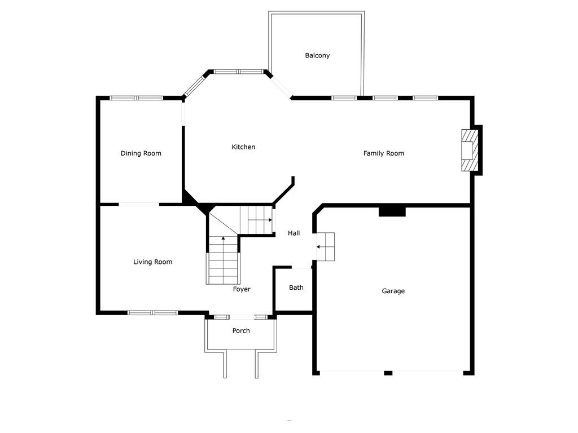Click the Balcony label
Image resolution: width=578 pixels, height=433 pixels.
pos(317,56)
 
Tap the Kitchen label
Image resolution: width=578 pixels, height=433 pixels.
pos(243,147)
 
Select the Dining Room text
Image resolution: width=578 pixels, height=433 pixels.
pos(141,153)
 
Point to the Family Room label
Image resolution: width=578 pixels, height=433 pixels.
pos(383,153)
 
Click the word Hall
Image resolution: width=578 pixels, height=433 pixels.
pos(294,233)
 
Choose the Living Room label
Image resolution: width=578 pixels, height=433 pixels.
pos(152,262)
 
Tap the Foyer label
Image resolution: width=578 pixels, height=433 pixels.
pos(242,289)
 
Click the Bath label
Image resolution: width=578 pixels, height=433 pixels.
pos(296,288)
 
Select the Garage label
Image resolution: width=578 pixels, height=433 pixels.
pos(393,291)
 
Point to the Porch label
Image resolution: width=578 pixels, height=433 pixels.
pos(241,330)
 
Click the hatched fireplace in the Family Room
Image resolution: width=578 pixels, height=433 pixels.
pos(469,150)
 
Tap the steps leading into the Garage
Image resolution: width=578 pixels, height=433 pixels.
pos(326,247)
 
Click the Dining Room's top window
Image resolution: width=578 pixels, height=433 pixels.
pos(137,98)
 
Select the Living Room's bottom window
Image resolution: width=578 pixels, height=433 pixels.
pos(152,313)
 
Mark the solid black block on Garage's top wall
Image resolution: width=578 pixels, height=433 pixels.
pos(392,212)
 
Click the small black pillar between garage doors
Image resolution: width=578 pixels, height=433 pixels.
pos(388,373)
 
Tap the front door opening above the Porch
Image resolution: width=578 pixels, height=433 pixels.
pos(242,317)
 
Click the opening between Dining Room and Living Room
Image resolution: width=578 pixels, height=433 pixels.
pos(139,204)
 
